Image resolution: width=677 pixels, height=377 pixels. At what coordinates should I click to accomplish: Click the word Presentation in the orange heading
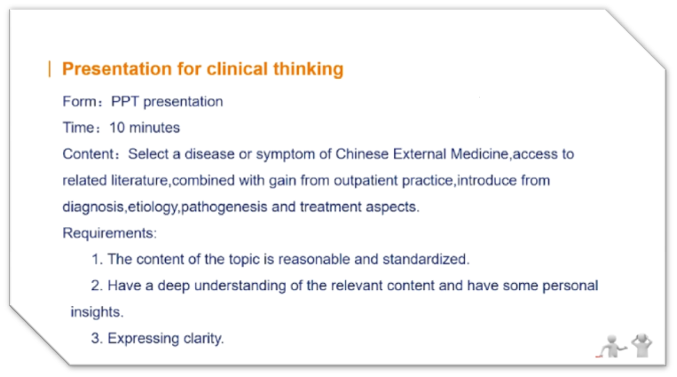click(116, 69)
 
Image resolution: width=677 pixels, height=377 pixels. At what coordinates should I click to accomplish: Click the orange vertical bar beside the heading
click(50, 69)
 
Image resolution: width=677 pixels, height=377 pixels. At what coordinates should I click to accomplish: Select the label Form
click(80, 101)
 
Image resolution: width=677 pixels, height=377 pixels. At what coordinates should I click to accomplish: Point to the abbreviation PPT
click(125, 101)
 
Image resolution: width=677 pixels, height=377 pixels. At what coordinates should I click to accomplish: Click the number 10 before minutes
click(116, 128)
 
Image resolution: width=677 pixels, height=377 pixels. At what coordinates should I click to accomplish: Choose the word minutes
click(154, 128)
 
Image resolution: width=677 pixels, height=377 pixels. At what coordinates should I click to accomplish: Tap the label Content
click(88, 154)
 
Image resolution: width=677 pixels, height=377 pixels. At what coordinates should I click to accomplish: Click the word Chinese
click(362, 154)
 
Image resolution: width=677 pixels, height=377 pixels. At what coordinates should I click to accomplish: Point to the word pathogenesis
click(224, 208)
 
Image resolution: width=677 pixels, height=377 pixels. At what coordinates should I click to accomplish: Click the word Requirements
click(108, 233)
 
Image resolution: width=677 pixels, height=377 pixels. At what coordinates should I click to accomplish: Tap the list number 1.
click(97, 260)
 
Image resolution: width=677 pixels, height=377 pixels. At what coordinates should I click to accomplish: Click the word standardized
click(424, 260)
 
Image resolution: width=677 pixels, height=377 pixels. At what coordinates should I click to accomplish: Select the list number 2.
click(96, 286)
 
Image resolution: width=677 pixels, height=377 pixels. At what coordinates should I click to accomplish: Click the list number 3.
click(96, 339)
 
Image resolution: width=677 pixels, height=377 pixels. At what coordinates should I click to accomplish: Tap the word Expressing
click(144, 339)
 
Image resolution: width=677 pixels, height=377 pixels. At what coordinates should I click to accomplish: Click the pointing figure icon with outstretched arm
click(611, 346)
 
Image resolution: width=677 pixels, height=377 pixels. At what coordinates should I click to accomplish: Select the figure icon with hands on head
click(642, 345)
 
